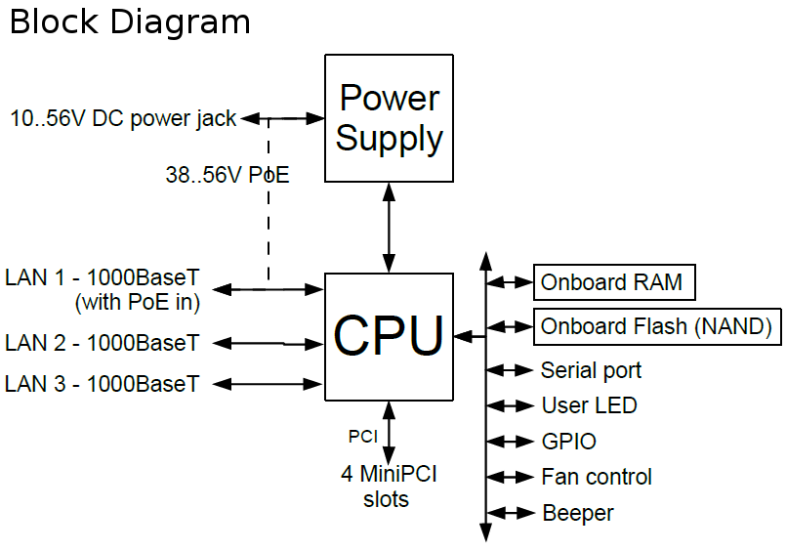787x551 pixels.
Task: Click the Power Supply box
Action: click(x=389, y=118)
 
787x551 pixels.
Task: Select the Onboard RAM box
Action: click(x=612, y=283)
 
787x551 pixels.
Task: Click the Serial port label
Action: click(x=591, y=371)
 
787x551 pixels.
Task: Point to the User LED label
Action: click(x=589, y=406)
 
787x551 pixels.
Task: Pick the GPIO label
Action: click(x=568, y=442)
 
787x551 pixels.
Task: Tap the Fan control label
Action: click(x=597, y=477)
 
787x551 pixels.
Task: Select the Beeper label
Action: click(x=577, y=513)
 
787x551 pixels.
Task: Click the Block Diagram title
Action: click(x=130, y=21)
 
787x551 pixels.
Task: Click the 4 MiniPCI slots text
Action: click(x=388, y=487)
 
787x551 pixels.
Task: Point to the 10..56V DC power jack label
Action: click(x=123, y=119)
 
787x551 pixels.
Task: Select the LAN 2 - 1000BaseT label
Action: click(x=103, y=344)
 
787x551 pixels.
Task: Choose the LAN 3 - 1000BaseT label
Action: click(x=103, y=384)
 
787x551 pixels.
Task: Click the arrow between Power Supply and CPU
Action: click(x=389, y=227)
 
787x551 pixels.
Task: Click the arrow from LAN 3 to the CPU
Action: click(x=268, y=383)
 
